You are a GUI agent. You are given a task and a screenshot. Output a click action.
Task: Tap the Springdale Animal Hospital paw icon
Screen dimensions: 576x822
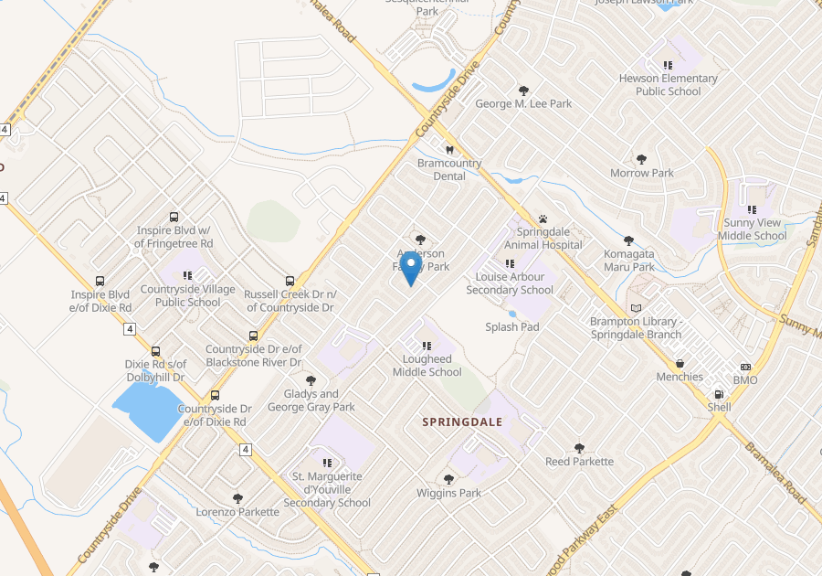click(x=543, y=219)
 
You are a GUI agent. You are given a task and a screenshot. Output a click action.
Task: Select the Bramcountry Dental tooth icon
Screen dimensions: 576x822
click(x=448, y=150)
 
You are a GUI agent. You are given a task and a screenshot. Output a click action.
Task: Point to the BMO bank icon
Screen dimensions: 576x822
click(x=745, y=367)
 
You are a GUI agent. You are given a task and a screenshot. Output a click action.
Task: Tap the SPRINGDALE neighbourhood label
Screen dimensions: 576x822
click(x=462, y=421)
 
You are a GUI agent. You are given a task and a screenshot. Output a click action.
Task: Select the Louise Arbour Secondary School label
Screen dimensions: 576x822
click(x=510, y=283)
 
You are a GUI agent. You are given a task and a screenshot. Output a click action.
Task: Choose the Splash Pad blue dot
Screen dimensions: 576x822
click(x=511, y=314)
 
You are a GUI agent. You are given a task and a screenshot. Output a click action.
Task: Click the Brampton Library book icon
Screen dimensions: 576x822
click(x=637, y=309)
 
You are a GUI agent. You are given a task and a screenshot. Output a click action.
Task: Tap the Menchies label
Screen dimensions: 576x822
click(x=680, y=377)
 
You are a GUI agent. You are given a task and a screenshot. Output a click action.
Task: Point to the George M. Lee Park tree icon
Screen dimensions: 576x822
click(x=523, y=91)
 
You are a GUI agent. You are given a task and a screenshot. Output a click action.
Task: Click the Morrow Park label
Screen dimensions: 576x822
click(x=642, y=173)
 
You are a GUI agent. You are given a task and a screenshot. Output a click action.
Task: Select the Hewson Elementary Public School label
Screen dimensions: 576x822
click(x=669, y=85)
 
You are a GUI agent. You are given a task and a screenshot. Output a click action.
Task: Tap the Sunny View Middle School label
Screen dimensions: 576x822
click(x=752, y=229)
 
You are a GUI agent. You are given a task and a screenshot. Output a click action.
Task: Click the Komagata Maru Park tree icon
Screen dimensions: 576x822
click(x=628, y=241)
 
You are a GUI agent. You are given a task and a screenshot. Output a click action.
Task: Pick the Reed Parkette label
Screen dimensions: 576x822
click(x=579, y=462)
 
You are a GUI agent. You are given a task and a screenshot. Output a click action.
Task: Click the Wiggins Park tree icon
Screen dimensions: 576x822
click(x=448, y=479)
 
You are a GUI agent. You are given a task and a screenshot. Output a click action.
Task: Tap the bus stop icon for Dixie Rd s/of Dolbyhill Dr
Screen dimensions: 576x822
click(x=155, y=351)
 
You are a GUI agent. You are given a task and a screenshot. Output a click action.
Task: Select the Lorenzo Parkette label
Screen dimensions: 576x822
click(x=237, y=512)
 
